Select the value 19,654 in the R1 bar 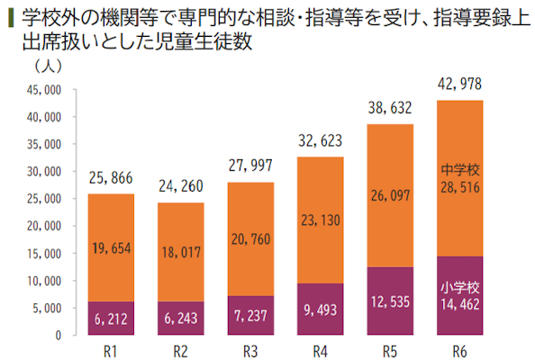[x=112, y=247]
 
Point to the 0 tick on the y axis [x=57, y=336]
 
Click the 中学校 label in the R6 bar [x=459, y=167]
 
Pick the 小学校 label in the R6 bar [x=459, y=287]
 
